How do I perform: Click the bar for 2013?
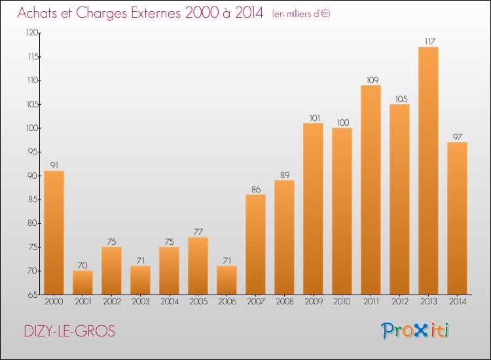(428, 170)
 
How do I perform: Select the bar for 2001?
(82, 282)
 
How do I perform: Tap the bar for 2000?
(54, 232)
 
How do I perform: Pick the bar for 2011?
(371, 190)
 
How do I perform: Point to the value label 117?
(428, 42)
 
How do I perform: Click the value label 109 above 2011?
(371, 80)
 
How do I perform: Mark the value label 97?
(457, 137)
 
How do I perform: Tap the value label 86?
(255, 189)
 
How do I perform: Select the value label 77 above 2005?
(198, 232)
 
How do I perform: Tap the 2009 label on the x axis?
(313, 302)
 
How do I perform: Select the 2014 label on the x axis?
(457, 302)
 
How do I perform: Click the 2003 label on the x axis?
(140, 302)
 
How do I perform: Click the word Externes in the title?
(151, 12)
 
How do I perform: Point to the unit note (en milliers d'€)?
(301, 14)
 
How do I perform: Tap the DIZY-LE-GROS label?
(69, 332)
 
